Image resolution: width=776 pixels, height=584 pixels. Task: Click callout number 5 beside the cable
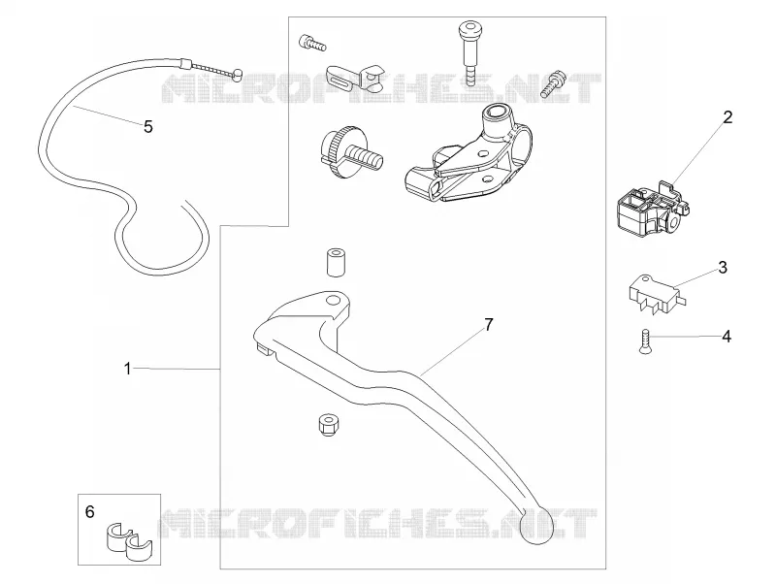click(148, 127)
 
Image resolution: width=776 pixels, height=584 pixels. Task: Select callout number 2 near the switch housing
click(727, 117)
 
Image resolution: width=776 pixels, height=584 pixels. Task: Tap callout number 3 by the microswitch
click(723, 268)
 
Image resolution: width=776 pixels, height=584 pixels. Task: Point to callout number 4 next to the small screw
click(726, 337)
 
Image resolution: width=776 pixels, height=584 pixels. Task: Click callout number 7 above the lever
click(489, 325)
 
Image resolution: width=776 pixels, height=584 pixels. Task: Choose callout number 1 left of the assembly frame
click(127, 369)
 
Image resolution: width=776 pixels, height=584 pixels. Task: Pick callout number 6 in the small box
click(89, 512)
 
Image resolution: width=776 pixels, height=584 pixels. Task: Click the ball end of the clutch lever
click(536, 527)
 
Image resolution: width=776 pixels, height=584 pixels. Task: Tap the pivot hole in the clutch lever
click(333, 301)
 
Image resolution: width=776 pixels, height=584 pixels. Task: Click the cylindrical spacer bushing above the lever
click(335, 262)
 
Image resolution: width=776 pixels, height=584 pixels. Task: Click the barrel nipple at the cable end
click(238, 74)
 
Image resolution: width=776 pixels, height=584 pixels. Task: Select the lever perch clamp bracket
click(468, 154)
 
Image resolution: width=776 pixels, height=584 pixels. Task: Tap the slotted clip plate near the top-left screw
click(355, 79)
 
